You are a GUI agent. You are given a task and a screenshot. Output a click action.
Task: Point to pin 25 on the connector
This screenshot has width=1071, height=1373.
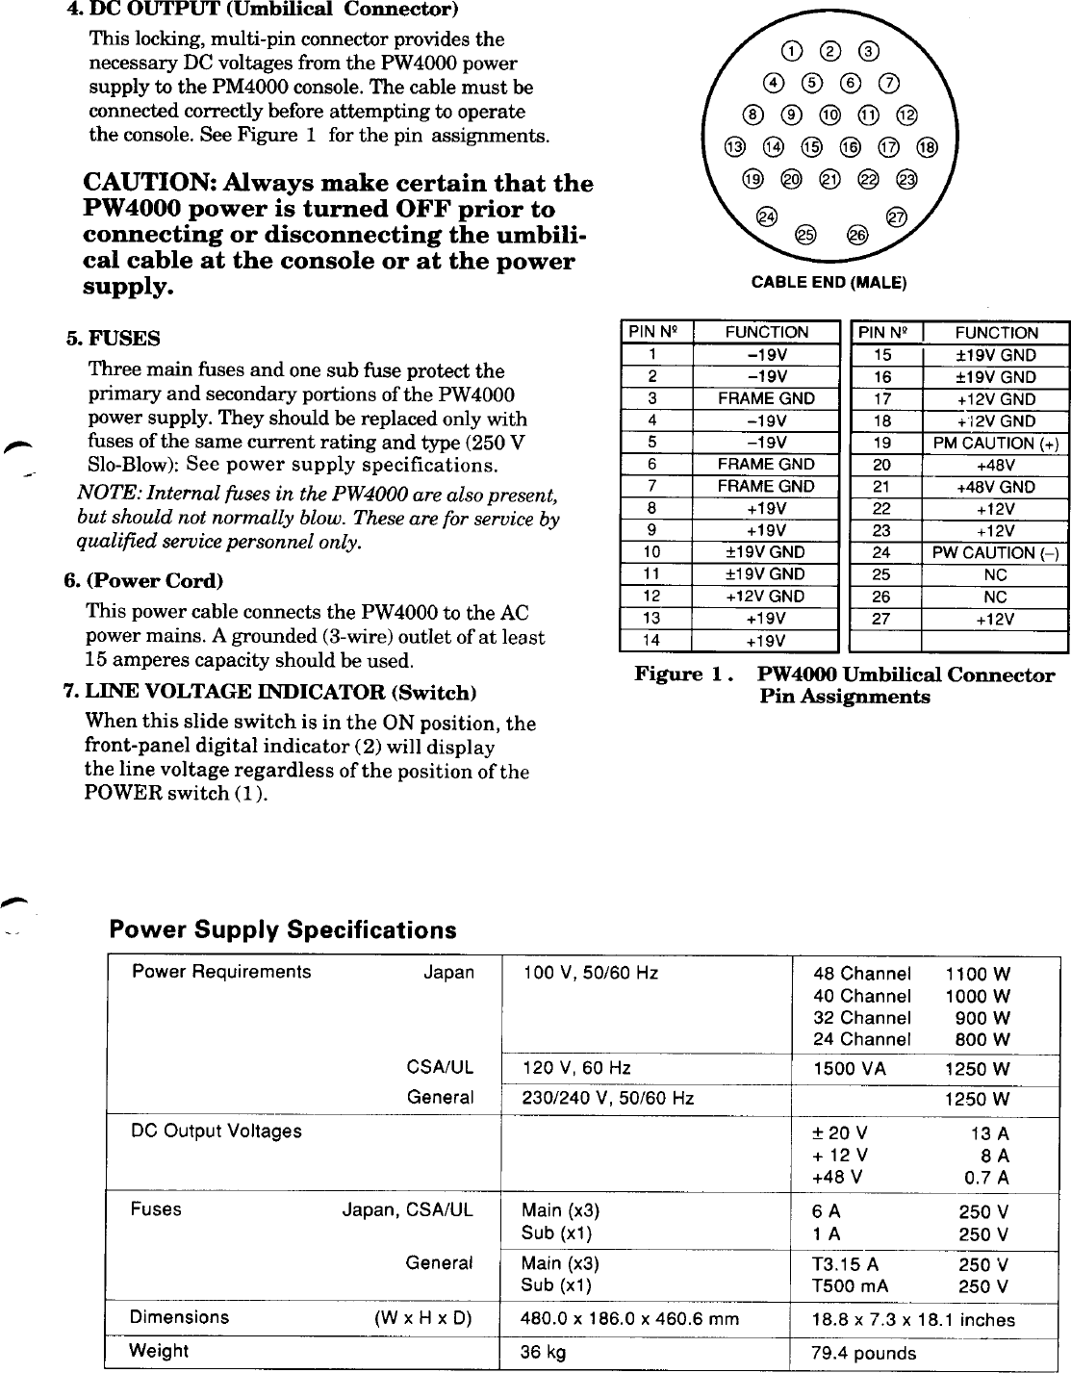point(806,235)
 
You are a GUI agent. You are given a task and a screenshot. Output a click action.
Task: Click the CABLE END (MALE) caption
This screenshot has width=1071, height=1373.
point(829,282)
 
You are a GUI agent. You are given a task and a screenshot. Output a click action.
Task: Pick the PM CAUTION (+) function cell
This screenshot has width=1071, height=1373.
point(996,443)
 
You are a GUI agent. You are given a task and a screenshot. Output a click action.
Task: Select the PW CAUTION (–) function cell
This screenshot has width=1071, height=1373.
point(996,552)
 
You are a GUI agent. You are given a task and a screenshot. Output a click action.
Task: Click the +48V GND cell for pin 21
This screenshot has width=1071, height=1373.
point(996,487)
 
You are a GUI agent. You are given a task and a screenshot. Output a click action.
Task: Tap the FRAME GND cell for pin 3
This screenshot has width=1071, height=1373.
point(766,398)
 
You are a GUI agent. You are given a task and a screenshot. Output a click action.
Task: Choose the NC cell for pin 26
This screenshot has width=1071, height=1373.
point(996,597)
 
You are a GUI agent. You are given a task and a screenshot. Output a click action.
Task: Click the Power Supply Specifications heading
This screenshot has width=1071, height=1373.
point(283,930)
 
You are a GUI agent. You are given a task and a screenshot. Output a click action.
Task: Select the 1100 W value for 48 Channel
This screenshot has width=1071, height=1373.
point(978,974)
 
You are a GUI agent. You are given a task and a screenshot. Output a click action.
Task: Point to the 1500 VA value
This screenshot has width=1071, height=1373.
point(850,1069)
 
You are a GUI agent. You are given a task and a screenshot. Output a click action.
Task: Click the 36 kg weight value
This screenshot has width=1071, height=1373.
point(543,1351)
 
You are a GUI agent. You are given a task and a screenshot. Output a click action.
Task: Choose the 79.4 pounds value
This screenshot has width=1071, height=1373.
point(863,1353)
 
